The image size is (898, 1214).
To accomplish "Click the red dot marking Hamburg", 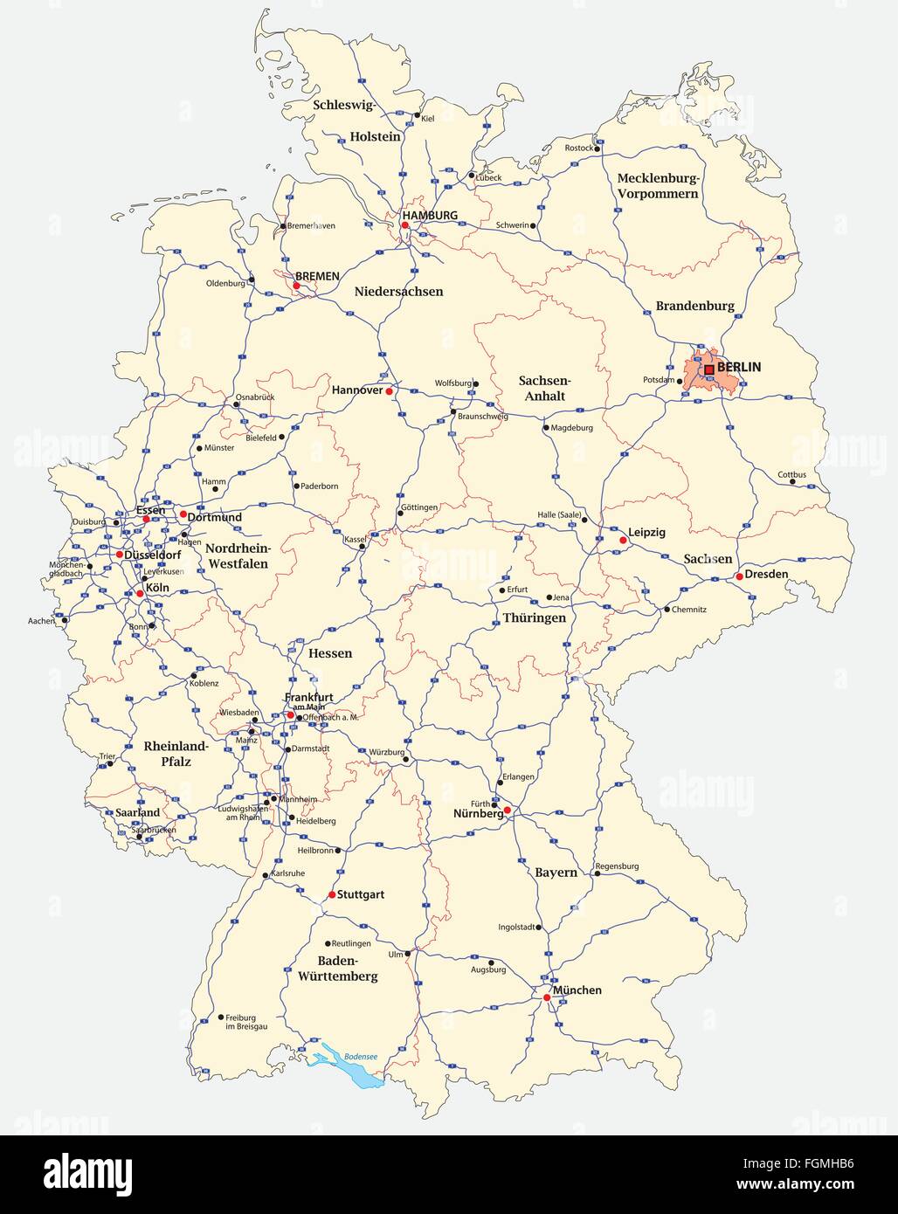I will (x=405, y=225).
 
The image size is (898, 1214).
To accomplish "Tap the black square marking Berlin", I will (x=709, y=369).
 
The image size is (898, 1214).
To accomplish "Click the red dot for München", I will (x=547, y=997).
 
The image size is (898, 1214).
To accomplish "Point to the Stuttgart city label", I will (x=361, y=895).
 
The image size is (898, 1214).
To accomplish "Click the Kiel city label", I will (x=428, y=118).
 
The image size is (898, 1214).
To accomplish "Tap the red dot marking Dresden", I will (x=739, y=576).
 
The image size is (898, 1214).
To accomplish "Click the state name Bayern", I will (x=556, y=873).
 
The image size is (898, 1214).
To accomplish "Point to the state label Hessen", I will (x=330, y=652).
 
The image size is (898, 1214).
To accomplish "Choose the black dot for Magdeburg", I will (x=546, y=428).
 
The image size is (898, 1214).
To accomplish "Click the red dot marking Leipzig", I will (x=623, y=541).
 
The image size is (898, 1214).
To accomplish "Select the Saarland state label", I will (x=138, y=812).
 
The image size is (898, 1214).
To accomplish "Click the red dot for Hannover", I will (x=390, y=391).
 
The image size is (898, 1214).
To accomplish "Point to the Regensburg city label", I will (x=617, y=866).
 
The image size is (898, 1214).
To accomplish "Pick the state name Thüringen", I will (x=534, y=617).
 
